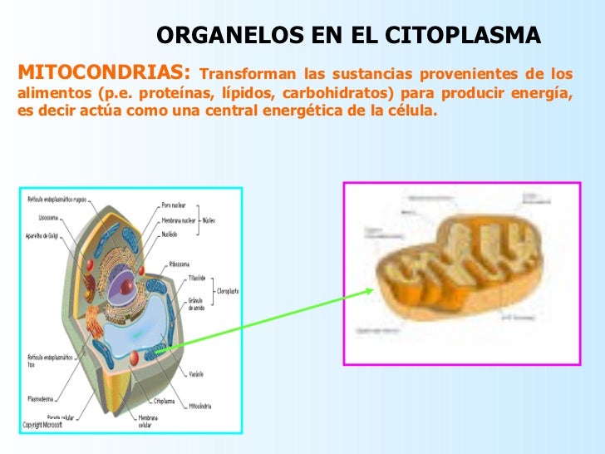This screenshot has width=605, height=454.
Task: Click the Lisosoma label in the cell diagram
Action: (49, 218)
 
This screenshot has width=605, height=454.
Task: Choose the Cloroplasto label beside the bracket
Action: (229, 292)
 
